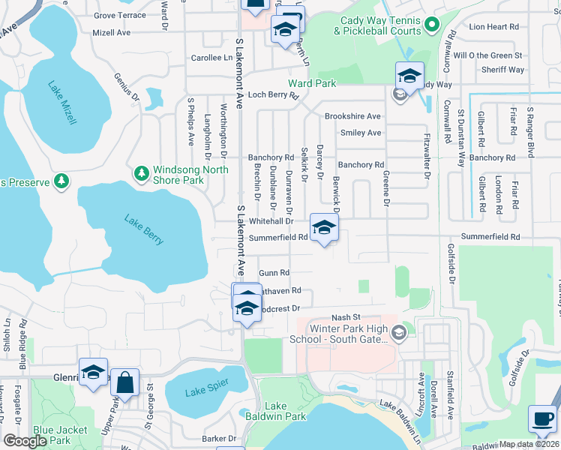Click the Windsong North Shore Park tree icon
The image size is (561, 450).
click(141, 174)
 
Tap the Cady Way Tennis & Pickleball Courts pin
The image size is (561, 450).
click(431, 26)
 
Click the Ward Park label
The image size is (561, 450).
click(313, 83)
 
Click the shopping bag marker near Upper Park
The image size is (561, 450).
click(125, 382)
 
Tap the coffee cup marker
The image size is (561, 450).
click(542, 418)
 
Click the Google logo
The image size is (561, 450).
click(25, 442)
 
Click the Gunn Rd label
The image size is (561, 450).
click(274, 273)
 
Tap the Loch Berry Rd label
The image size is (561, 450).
click(273, 95)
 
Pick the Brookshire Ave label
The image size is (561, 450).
click(352, 116)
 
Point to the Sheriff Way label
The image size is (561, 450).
click(503, 70)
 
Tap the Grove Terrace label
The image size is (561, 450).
click(120, 15)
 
